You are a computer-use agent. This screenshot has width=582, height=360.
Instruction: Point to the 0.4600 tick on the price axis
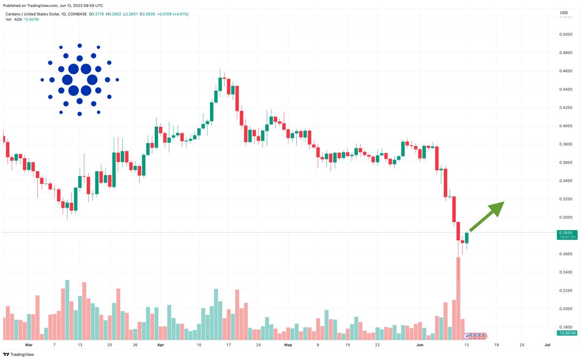point(565,71)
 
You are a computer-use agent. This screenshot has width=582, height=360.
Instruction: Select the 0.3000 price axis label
point(565,217)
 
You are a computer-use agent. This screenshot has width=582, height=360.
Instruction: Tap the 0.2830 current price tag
point(566,233)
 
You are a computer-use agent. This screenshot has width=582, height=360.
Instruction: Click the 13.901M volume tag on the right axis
point(567,333)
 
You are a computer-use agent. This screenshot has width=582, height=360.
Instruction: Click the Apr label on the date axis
point(161,345)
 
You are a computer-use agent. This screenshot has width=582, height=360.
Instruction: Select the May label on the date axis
point(289,345)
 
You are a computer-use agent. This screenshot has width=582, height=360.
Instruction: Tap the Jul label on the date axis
point(547,345)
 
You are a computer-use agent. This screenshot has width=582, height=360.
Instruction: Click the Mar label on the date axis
point(29,345)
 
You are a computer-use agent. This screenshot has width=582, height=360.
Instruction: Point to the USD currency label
point(564,13)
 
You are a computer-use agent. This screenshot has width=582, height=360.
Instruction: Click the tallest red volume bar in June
point(458,298)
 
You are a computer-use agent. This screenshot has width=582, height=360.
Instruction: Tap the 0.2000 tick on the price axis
point(565,309)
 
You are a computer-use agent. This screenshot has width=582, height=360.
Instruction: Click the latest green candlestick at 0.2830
point(467,238)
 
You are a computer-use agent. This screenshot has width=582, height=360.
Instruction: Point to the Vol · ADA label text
point(14,19)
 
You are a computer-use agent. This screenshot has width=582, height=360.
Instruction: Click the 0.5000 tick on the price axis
point(565,34)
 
